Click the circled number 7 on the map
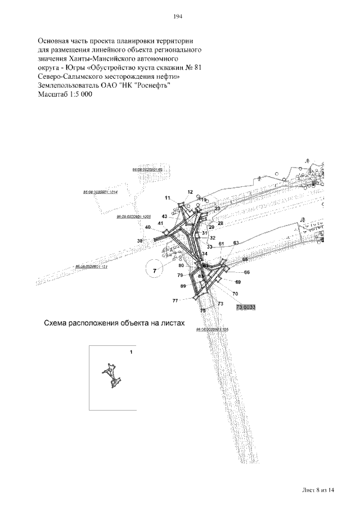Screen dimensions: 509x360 tap(154, 271)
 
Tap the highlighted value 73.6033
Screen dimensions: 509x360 tap(246, 307)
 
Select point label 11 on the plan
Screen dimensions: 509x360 tap(168, 198)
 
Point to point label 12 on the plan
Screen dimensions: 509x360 tap(190, 192)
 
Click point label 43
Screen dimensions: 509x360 tap(164, 216)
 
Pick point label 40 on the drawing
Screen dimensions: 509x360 tap(147, 227)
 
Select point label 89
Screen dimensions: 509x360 tap(183, 286)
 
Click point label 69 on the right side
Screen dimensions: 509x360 tap(238, 281)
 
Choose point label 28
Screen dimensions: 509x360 tap(220, 223)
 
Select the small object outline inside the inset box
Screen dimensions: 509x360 tap(111, 376)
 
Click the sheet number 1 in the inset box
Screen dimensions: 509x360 tap(131, 352)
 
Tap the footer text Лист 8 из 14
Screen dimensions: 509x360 tap(318, 490)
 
